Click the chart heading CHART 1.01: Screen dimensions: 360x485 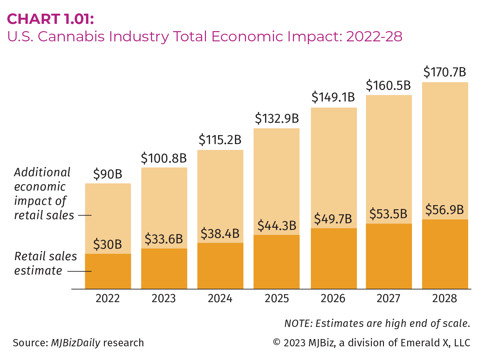pyautogui.click(x=51, y=19)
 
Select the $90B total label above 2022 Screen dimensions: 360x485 pyautogui.click(x=108, y=174)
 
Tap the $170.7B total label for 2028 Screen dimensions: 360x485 pyautogui.click(x=445, y=72)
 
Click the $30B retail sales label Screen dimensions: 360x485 pyautogui.click(x=108, y=245)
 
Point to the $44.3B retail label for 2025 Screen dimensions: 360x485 pyautogui.click(x=277, y=225)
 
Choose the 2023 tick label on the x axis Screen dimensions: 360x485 pyautogui.click(x=164, y=299)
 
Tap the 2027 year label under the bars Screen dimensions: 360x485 pyautogui.click(x=388, y=299)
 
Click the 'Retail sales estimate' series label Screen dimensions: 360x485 pyautogui.click(x=45, y=263)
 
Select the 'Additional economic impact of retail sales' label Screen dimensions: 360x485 pyautogui.click(x=44, y=194)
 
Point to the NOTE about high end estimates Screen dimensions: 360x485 pyautogui.click(x=377, y=323)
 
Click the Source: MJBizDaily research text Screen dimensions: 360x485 pyautogui.click(x=78, y=343)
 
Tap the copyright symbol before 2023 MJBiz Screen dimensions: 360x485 pyautogui.click(x=277, y=343)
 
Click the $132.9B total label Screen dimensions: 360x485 pyautogui.click(x=277, y=119)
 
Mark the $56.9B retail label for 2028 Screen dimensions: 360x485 pyautogui.click(x=445, y=210)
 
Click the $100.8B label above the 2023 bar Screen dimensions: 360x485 pyautogui.click(x=164, y=158)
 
